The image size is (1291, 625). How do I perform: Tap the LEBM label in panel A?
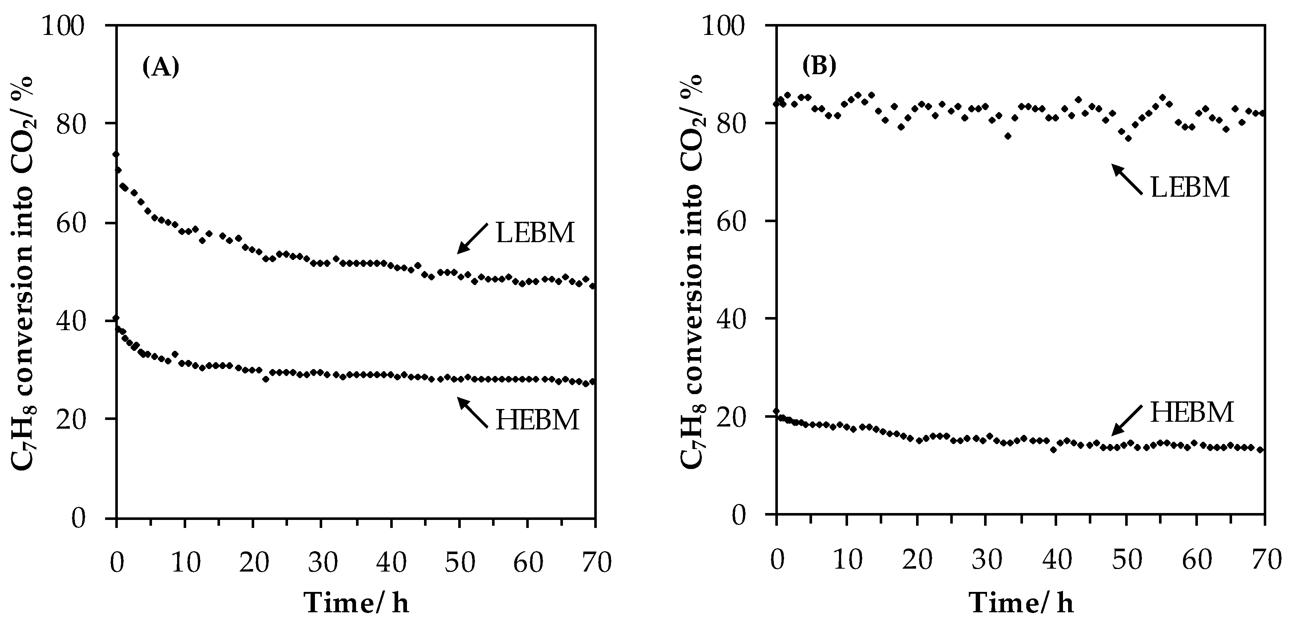coord(535,233)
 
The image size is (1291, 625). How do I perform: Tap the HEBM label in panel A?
coord(537,420)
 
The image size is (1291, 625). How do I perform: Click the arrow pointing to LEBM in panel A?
coord(472,239)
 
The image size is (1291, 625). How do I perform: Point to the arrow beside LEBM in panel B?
coord(1127,180)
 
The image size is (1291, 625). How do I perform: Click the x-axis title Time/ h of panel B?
coord(1021,603)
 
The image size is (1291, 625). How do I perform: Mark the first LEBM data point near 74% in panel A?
coord(116,155)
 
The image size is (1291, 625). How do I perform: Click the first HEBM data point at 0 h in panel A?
coord(116,318)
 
